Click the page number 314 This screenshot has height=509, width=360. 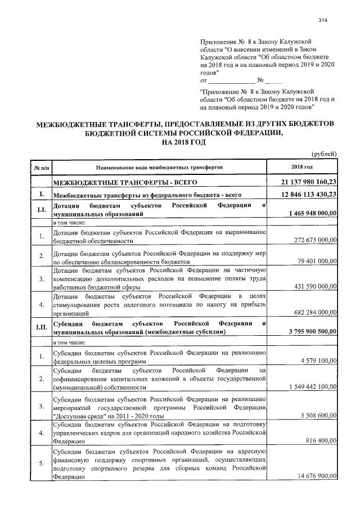pos(322,21)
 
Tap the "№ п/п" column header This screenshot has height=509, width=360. pos(41,168)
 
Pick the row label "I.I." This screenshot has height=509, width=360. pos(41,210)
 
